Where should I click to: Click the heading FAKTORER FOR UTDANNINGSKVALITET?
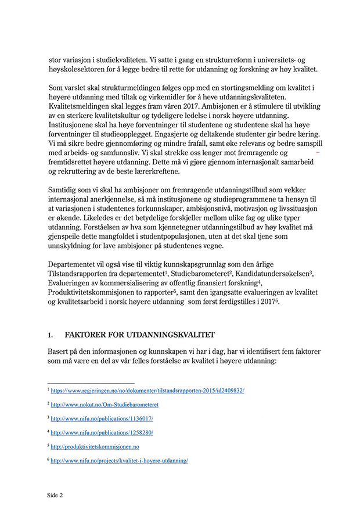click(140, 335)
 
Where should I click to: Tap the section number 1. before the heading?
click(51, 335)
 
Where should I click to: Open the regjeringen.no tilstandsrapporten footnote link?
click(147, 391)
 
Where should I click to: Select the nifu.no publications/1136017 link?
click(102, 418)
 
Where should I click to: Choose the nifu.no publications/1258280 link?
click(102, 433)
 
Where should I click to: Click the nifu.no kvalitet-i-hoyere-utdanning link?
click(119, 461)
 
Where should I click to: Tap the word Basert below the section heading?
click(59, 352)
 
